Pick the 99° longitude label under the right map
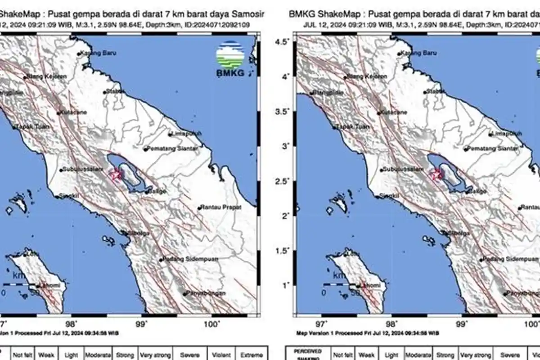(x=461, y=323)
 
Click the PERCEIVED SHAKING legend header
(x=309, y=354)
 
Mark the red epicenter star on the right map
(x=436, y=175)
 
